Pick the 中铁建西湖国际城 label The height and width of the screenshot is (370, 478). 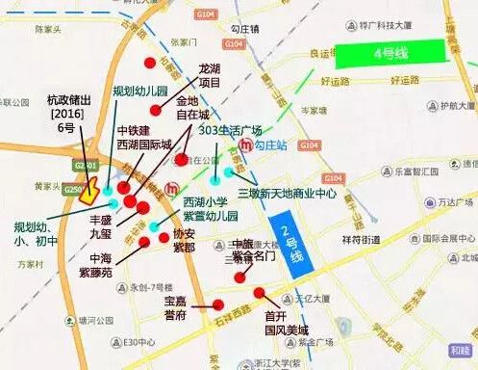(x=144, y=137)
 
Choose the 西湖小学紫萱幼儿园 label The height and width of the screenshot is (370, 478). (x=210, y=209)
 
